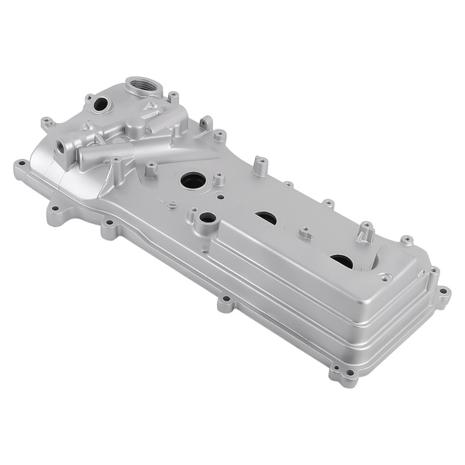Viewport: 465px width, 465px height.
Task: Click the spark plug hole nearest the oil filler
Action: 193,181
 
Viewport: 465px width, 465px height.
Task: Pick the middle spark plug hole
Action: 266,219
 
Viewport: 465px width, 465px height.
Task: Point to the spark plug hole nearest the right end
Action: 341,261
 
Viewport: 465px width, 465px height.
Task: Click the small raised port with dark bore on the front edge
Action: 206,219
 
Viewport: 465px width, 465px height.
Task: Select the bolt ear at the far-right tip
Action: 443,294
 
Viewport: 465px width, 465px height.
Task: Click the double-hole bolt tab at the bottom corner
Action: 344,377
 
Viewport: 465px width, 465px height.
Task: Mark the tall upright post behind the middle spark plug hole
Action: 260,165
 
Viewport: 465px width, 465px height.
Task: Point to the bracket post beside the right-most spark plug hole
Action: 367,232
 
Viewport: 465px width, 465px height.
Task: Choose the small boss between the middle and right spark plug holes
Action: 305,232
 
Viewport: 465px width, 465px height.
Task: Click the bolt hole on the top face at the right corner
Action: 385,277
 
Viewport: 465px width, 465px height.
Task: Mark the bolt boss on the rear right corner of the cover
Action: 406,240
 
